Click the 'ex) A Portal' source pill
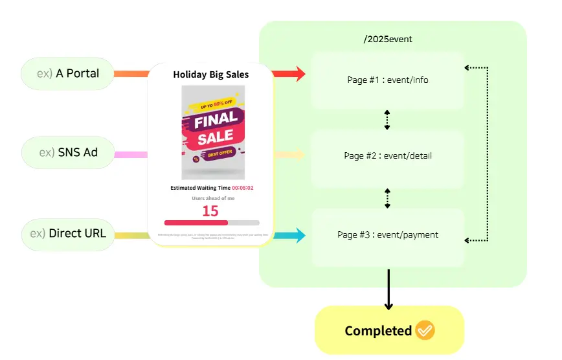point(68,73)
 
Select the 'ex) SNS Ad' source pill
point(68,153)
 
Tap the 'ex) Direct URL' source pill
point(68,234)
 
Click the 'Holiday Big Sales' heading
point(210,74)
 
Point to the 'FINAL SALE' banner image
point(213,132)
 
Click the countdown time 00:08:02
point(243,188)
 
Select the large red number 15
point(210,211)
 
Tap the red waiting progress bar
point(196,223)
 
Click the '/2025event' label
point(388,39)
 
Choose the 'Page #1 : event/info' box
point(387,80)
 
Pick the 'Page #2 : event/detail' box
point(387,156)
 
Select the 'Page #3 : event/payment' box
point(387,235)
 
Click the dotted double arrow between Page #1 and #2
point(387,120)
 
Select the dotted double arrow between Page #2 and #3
point(387,198)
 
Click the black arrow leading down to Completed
point(388,289)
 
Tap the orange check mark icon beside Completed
point(425,330)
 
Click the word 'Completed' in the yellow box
point(378,331)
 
